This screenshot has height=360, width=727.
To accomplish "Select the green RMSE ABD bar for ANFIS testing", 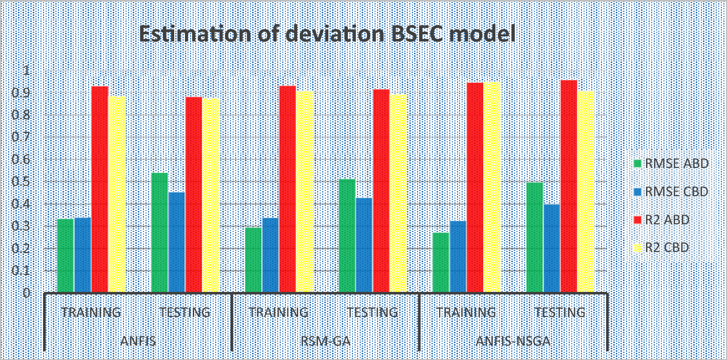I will pos(160,233).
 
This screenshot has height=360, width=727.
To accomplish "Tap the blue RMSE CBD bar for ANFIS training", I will pos(82,255).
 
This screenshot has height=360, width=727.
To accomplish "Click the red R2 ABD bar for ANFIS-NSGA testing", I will pos(569,186).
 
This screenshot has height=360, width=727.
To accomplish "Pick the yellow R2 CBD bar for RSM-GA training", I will pos(304,192).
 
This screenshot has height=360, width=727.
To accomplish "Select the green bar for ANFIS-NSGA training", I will pos(441,263).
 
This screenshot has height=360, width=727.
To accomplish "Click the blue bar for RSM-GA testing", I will pos(364,245).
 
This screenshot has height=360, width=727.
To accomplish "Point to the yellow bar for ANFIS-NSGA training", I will pos(492,187).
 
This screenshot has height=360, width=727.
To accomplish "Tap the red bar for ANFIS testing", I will pos(194,195).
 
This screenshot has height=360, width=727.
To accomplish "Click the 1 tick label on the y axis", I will pos(27,71).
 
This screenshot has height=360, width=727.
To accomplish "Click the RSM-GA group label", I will pos(326,341).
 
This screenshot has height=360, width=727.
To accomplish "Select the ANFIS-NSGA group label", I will pos(513,341).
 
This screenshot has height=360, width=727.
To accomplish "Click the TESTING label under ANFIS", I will pos(185,312).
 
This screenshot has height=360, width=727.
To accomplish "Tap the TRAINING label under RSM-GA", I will pos(279,312).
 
